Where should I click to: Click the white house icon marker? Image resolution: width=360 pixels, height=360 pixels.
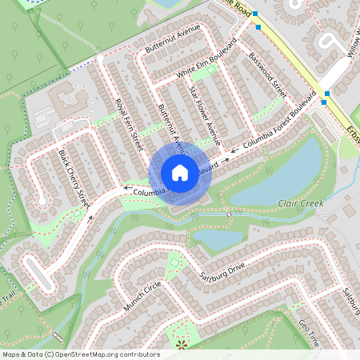(180, 173)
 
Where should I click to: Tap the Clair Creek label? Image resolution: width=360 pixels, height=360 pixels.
(301, 205)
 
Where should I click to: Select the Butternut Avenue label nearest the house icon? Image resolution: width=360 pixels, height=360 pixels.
(171, 129)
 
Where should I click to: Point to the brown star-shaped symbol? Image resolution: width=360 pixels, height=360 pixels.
(181, 344)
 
